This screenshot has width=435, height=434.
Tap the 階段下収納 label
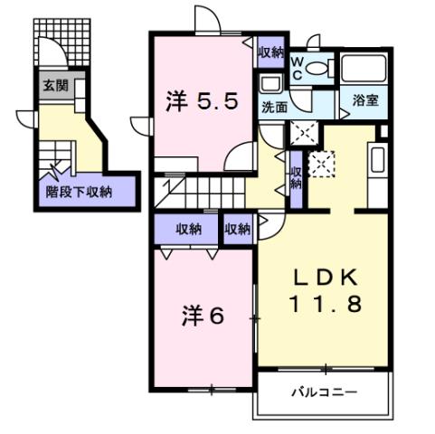[x=79, y=191]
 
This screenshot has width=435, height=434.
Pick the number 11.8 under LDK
[x=326, y=304]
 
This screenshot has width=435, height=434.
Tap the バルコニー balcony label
[x=323, y=392]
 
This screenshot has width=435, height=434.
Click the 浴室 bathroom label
[x=365, y=100]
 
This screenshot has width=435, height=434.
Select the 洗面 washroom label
[x=274, y=106]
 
